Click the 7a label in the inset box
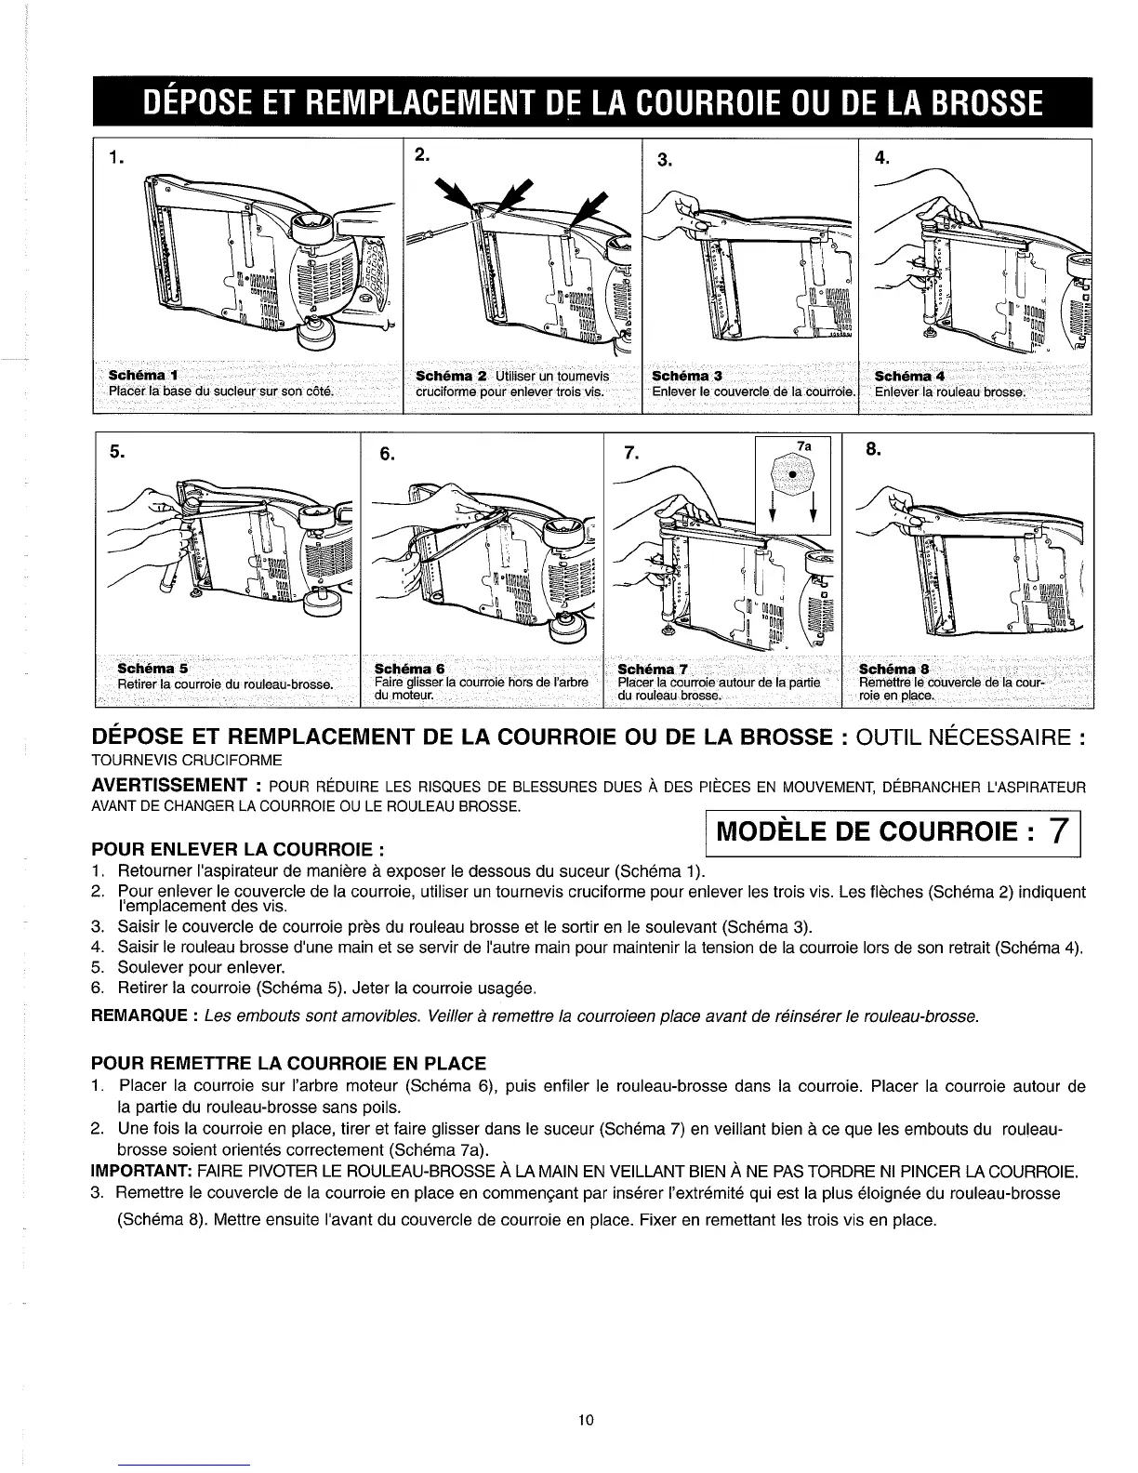click(x=805, y=446)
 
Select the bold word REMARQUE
click(x=140, y=1016)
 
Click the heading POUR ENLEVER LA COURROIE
click(x=238, y=850)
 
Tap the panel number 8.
click(x=872, y=451)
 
